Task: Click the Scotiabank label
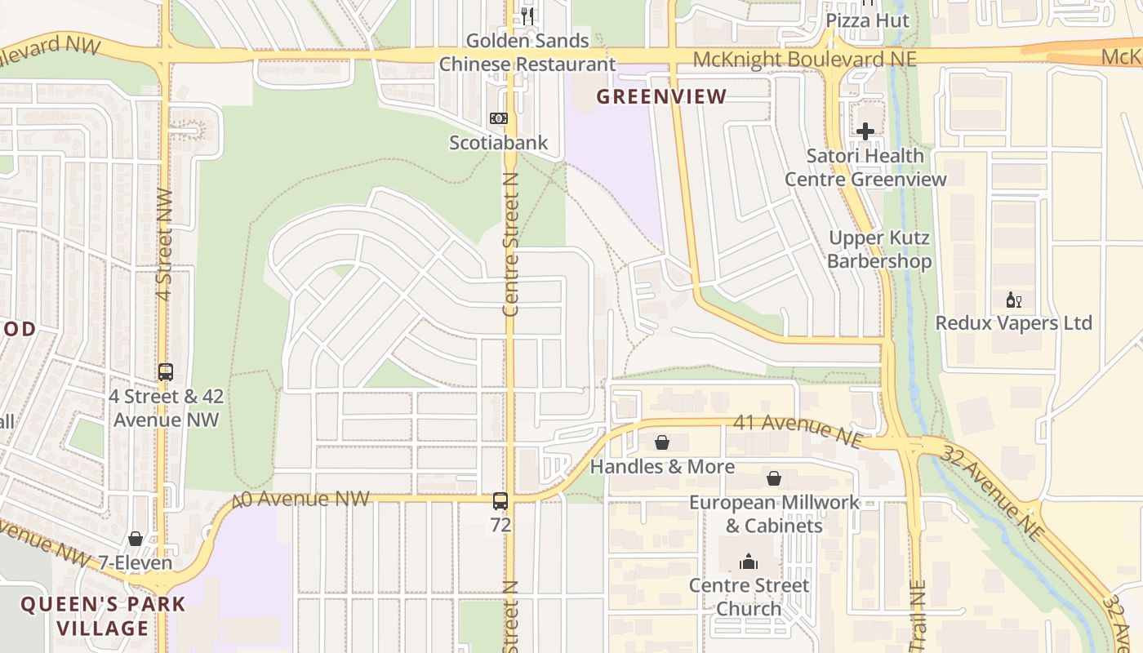click(x=498, y=144)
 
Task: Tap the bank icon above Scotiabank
click(x=498, y=118)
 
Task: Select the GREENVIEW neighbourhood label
click(x=661, y=96)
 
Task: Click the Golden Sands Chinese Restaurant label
click(x=527, y=52)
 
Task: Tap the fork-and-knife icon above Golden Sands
click(x=527, y=16)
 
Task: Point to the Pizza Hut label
click(x=867, y=20)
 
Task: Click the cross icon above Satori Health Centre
click(x=865, y=131)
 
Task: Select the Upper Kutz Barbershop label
click(x=879, y=250)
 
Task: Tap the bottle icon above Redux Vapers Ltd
click(x=1014, y=300)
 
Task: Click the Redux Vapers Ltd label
click(x=1013, y=323)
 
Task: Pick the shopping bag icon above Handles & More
click(x=662, y=442)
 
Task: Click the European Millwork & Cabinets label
click(x=774, y=513)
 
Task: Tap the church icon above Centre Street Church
click(x=749, y=562)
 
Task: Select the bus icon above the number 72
click(x=500, y=501)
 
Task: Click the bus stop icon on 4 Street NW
click(x=166, y=372)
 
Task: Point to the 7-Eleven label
click(x=135, y=563)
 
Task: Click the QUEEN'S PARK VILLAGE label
click(x=104, y=616)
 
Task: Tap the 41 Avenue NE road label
click(x=798, y=431)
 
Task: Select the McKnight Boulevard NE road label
click(x=804, y=60)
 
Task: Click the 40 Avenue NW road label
click(x=302, y=499)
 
